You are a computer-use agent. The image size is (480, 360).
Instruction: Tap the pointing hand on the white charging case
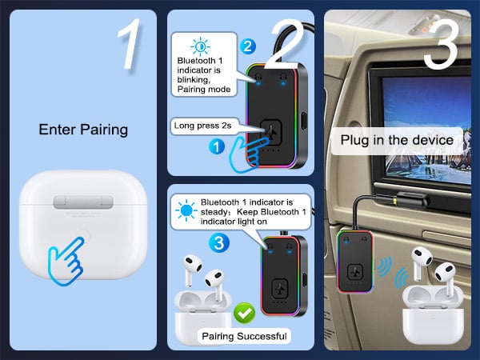click(69, 254)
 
